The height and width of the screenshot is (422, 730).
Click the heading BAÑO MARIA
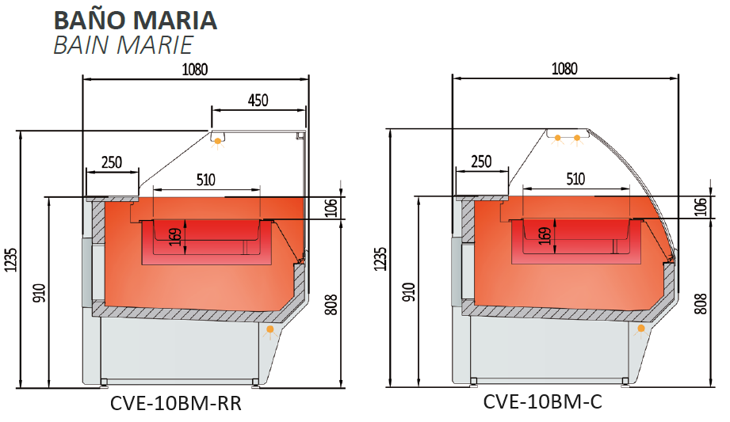click(x=135, y=18)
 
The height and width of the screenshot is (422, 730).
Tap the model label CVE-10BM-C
click(x=543, y=403)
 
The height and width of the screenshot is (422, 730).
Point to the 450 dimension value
click(x=258, y=100)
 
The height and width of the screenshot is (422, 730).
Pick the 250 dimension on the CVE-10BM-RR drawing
click(x=112, y=163)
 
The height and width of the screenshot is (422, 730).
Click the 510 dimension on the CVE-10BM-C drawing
click(x=575, y=180)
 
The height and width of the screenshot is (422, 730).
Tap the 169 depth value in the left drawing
click(x=174, y=237)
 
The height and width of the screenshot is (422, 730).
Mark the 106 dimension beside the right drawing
click(x=701, y=206)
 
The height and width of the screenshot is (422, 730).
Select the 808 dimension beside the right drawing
click(x=701, y=304)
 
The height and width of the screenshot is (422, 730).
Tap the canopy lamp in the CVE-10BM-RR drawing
click(x=217, y=140)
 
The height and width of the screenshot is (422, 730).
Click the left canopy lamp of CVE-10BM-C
click(x=557, y=139)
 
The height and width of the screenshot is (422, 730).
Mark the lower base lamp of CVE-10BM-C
click(x=640, y=328)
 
